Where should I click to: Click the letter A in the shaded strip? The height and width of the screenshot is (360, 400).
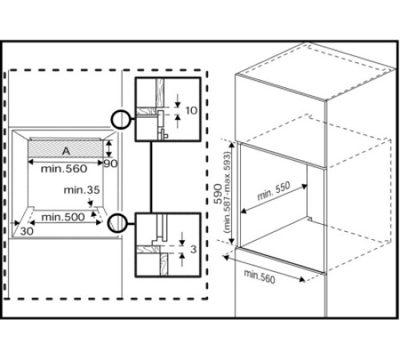[65, 149]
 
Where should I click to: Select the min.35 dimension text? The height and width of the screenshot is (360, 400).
[83, 190]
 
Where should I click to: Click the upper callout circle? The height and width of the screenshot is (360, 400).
[121, 120]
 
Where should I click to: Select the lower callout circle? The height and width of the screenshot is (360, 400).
[118, 222]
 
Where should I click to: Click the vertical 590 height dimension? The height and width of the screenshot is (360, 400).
[218, 198]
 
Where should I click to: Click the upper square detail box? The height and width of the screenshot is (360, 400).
[166, 110]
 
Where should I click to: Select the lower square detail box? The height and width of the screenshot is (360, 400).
[166, 245]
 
